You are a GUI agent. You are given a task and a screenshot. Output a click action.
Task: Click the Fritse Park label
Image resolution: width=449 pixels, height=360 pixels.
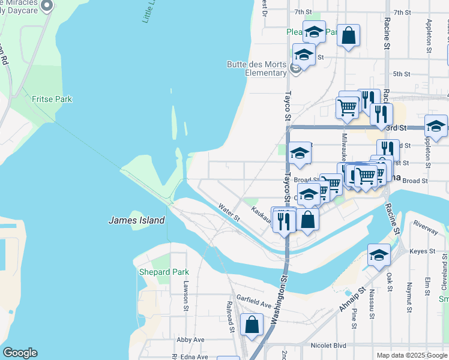pyautogui.click(x=52, y=99)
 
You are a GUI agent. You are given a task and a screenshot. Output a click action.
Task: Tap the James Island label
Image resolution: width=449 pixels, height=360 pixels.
pyautogui.click(x=136, y=220)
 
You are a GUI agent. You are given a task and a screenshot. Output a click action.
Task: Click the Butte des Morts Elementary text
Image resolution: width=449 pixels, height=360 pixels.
pyautogui.click(x=256, y=69)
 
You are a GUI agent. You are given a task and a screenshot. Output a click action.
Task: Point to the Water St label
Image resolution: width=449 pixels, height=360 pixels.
pyautogui.click(x=229, y=212)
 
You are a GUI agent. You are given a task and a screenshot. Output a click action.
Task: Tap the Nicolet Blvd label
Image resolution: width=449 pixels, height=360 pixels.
pyautogui.click(x=329, y=346)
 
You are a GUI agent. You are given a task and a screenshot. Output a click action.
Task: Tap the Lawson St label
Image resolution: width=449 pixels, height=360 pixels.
pyautogui.click(x=187, y=292)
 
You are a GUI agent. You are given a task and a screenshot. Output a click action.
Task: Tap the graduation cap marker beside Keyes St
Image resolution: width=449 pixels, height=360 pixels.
pyautogui.click(x=378, y=255)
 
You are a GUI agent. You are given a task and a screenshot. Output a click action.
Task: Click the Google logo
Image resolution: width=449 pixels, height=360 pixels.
pyautogui.click(x=20, y=353)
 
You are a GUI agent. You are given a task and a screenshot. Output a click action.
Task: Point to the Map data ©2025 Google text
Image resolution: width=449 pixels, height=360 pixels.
pyautogui.click(x=411, y=355)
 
